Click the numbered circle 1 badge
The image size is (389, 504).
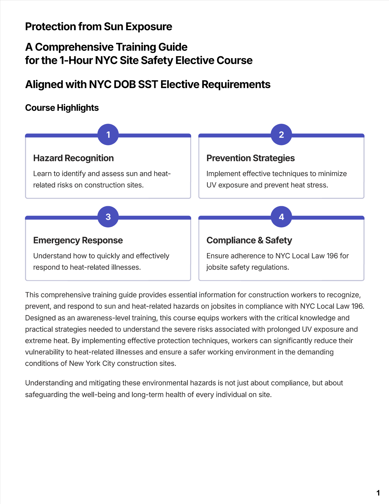click(x=108, y=135)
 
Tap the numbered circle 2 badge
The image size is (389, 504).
click(x=281, y=135)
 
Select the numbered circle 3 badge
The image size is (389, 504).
click(x=108, y=217)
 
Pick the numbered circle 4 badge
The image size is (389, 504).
click(x=281, y=217)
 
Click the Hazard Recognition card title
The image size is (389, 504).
click(x=73, y=158)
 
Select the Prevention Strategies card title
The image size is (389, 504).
click(x=250, y=158)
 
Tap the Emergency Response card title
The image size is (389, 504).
click(x=78, y=240)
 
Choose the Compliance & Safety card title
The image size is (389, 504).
click(x=249, y=240)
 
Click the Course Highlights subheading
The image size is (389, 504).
click(x=62, y=108)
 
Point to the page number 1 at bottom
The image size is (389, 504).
click(x=378, y=493)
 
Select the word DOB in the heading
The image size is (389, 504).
click(x=125, y=84)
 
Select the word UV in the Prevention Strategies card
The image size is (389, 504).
click(x=211, y=185)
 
